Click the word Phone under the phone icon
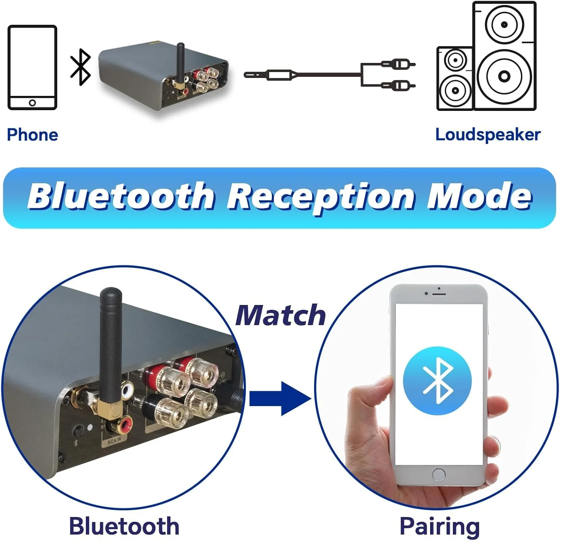33,135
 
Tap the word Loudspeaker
488,135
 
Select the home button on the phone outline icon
33,103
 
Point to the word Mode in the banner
479,197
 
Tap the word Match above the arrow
280,315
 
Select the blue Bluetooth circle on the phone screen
437,380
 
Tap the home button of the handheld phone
439,475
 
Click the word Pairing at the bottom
439,526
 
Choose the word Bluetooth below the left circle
124,526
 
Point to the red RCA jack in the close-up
125,423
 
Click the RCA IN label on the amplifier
114,441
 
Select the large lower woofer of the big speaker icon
504,76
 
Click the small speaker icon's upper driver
455,60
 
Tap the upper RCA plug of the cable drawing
399,64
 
